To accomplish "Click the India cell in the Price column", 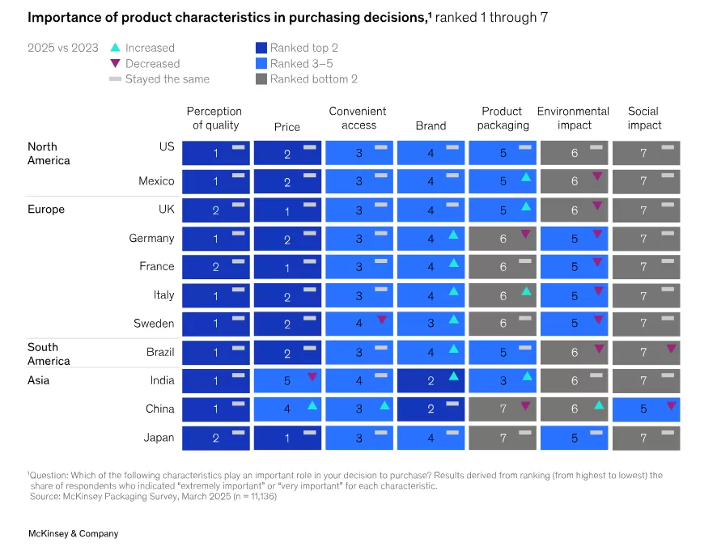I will (286, 381).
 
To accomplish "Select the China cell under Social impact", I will (645, 409).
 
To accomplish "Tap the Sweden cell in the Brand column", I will (431, 324).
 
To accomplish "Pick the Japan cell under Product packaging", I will (503, 438).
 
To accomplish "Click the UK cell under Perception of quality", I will (215, 210).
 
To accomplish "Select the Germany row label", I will (151, 239).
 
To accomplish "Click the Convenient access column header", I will (358, 118).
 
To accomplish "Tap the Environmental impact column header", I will (573, 118).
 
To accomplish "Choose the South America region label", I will (49, 354).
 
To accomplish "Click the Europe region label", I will (46, 210).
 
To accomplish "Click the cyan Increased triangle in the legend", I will (115, 48).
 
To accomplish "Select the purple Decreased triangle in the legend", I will (115, 63).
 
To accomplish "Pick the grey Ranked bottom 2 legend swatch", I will (261, 79).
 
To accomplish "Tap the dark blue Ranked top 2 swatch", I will (261, 48).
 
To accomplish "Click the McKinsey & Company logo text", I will (73, 533).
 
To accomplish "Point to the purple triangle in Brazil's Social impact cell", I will (671, 349).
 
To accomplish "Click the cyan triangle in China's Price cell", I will (312, 405).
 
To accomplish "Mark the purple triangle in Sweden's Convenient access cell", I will (382, 320).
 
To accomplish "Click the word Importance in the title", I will (62, 18).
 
